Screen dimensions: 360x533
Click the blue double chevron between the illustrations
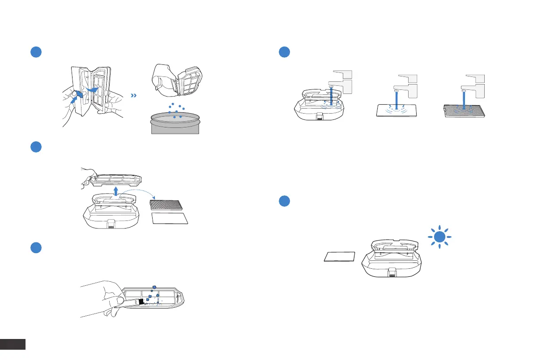133,96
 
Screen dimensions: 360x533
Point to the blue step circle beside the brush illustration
36,248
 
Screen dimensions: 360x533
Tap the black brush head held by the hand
141,302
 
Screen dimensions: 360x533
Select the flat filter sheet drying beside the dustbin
340,257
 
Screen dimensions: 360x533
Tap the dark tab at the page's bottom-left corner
13,344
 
